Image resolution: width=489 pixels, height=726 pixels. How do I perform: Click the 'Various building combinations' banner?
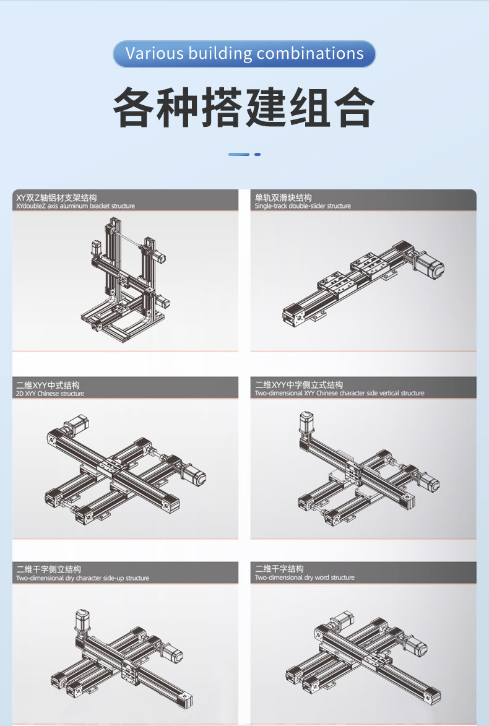[244, 54]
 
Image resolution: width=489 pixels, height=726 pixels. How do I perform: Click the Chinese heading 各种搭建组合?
[244, 108]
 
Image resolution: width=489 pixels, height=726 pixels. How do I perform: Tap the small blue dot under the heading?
[257, 154]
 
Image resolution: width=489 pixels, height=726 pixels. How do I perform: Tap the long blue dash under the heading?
[239, 154]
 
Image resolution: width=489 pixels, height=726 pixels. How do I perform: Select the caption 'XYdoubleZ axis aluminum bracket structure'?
[76, 206]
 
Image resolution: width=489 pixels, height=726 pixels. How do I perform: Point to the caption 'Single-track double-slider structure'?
[303, 206]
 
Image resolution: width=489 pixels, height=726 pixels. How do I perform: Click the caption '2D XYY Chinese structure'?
[50, 394]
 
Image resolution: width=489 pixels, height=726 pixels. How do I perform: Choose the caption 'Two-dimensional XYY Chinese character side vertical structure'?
[339, 393]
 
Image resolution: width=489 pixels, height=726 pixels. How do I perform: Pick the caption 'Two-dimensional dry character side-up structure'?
[83, 578]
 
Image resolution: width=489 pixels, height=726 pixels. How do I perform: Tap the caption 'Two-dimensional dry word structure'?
[305, 577]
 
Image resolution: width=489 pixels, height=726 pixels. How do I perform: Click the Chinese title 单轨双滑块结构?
[283, 197]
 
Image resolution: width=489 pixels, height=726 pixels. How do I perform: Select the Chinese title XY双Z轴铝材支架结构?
[56, 197]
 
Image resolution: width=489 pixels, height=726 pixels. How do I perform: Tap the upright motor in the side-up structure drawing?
[82, 621]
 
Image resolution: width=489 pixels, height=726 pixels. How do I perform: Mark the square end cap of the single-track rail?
[292, 316]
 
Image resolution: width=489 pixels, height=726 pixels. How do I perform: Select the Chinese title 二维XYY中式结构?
[48, 385]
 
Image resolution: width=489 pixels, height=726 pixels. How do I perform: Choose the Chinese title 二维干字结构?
[279, 569]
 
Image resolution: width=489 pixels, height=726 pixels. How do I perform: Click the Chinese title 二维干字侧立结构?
[49, 569]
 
